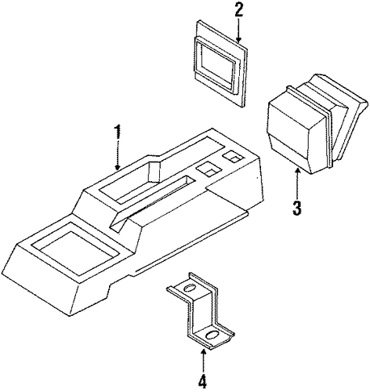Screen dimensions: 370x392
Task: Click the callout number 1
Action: pyautogui.click(x=118, y=132)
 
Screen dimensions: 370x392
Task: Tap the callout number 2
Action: pyautogui.click(x=238, y=9)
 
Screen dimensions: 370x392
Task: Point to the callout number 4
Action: pyautogui.click(x=202, y=383)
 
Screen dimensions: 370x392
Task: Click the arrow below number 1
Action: pyautogui.click(x=118, y=156)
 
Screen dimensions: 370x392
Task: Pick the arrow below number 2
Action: pyautogui.click(x=238, y=30)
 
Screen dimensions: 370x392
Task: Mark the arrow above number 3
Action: pyautogui.click(x=296, y=183)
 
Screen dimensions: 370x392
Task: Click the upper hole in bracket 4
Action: pyautogui.click(x=190, y=289)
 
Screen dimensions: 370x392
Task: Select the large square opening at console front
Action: pyautogui.click(x=76, y=249)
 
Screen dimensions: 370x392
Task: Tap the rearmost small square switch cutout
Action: pyautogui.click(x=233, y=157)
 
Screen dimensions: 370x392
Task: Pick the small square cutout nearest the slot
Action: pyautogui.click(x=209, y=169)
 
